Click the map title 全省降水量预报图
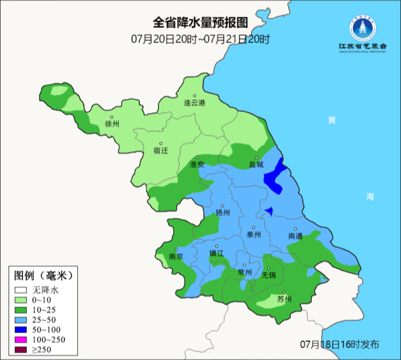click(200, 23)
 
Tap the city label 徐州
click(112, 124)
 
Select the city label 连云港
click(195, 103)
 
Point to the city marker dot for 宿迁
click(161, 143)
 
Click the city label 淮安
click(197, 165)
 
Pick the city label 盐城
click(256, 165)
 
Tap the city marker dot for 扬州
click(223, 206)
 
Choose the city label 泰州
click(254, 235)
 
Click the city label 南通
click(296, 236)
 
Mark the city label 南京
click(176, 257)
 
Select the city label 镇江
click(216, 253)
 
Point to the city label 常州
click(245, 272)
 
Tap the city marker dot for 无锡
click(269, 268)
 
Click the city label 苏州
click(284, 299)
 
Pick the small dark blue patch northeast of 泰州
click(270, 212)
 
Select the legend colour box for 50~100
click(21, 330)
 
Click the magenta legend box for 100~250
click(21, 340)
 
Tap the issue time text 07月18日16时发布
click(339, 344)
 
